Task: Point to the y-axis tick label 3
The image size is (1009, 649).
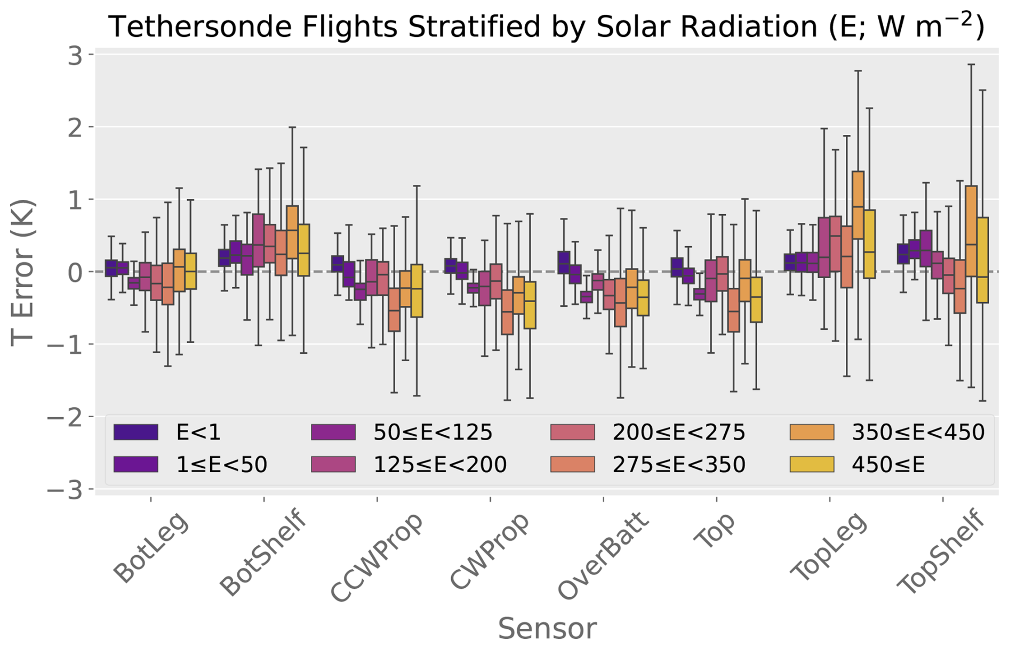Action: coord(75,55)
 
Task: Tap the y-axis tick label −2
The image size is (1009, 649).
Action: coord(66,417)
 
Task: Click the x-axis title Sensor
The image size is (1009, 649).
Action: coord(547,629)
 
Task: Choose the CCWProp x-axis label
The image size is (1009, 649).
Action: coord(377,558)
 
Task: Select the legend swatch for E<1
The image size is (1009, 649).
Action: coord(136,432)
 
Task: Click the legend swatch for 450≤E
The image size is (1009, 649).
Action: coord(812,465)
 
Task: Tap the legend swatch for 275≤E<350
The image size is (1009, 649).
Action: coord(573,465)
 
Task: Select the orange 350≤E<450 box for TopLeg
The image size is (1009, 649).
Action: coord(858,205)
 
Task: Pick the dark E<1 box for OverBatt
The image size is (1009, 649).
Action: coord(564,263)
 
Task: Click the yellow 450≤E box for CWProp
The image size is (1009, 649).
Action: coord(530,305)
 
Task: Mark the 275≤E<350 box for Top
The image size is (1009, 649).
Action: coord(734,311)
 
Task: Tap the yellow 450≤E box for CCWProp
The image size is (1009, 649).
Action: coord(417,291)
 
